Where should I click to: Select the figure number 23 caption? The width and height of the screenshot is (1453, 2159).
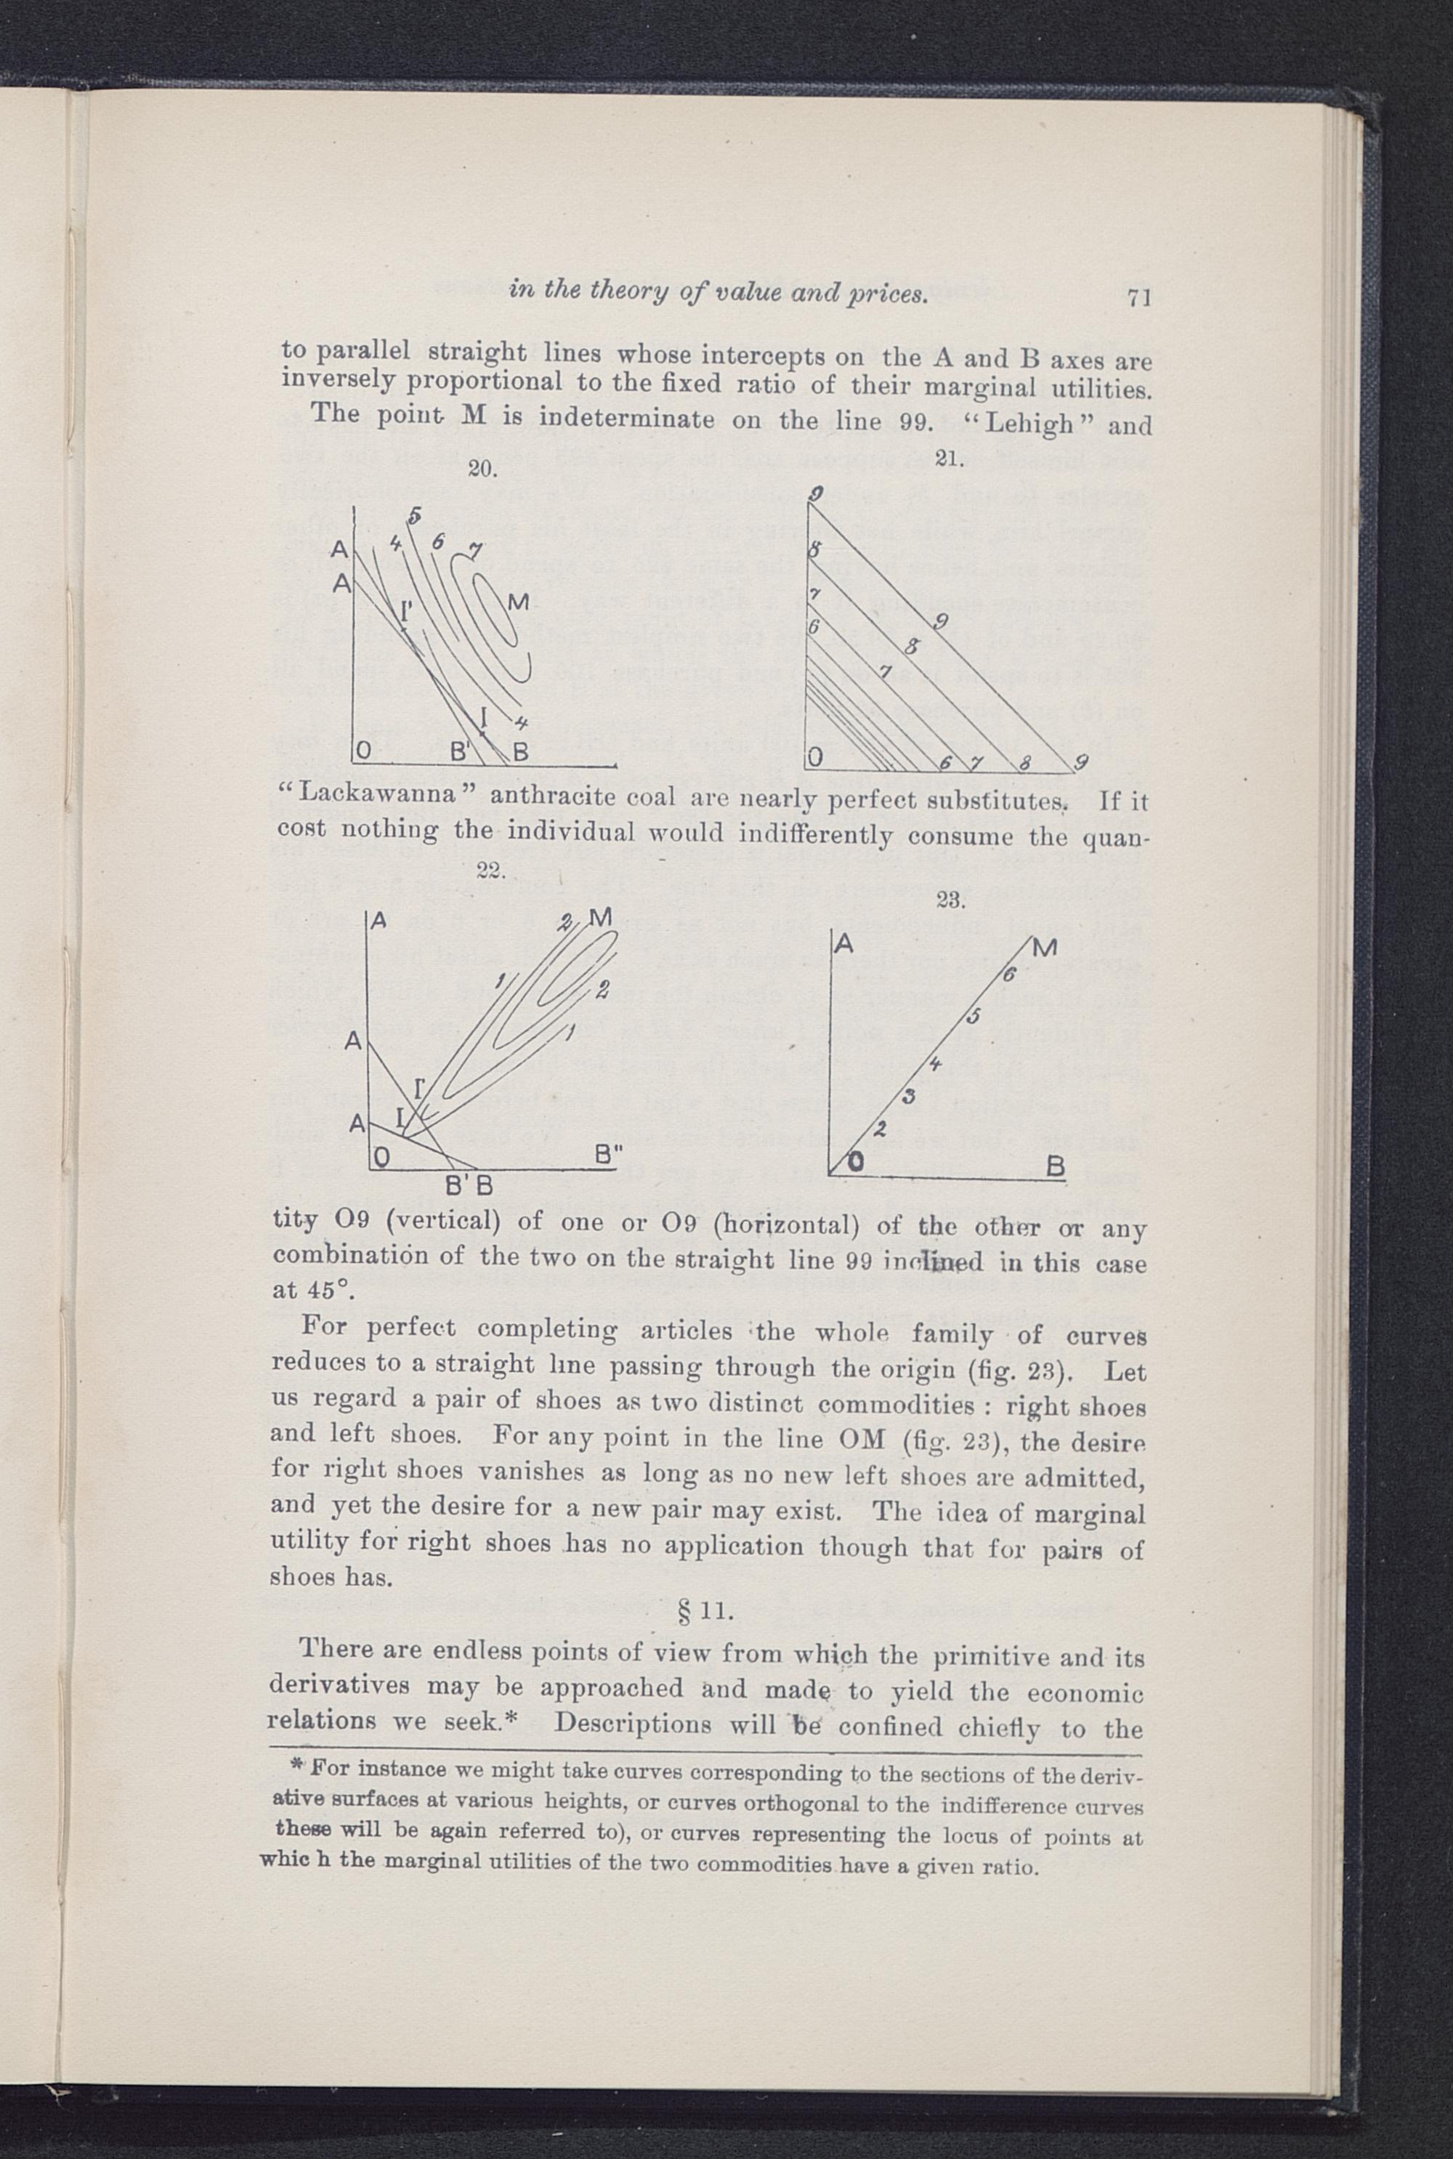(952, 900)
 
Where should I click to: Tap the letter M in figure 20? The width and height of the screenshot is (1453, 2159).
(517, 603)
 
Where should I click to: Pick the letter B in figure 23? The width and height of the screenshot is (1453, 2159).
(1055, 1166)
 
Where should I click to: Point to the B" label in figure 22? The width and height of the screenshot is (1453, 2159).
(608, 1155)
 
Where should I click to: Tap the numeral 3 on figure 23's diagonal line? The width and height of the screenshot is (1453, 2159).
(909, 1099)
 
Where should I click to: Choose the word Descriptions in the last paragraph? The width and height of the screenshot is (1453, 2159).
(633, 1727)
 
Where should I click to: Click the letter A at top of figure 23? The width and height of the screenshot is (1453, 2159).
(844, 944)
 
